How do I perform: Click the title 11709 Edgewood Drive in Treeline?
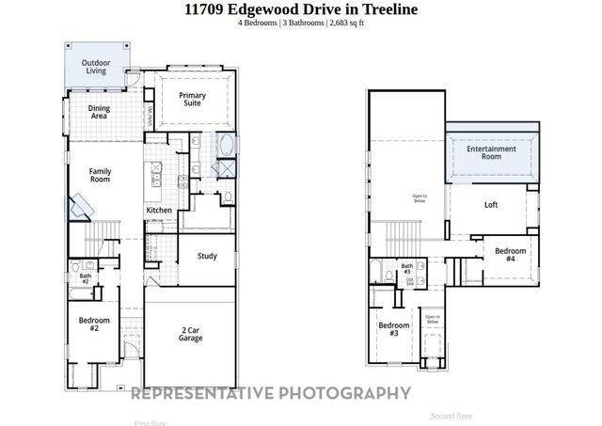[x=300, y=9]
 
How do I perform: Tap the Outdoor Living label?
[x=95, y=67]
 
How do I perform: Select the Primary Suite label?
[x=193, y=100]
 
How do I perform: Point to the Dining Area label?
[x=100, y=113]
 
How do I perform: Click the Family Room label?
[x=100, y=175]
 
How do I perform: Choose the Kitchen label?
[x=158, y=210]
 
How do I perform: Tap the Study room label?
[x=207, y=256]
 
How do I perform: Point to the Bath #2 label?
[x=85, y=278]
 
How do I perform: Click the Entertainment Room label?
[x=490, y=152]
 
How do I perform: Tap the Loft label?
[x=490, y=204]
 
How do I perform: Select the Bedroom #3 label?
[x=393, y=329]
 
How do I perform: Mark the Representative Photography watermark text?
[x=270, y=393]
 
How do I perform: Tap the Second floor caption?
[x=451, y=415]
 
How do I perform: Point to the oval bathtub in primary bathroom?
[x=227, y=147]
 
